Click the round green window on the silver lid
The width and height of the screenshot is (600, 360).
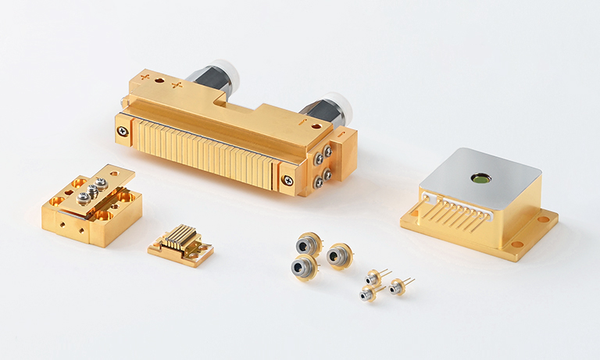[x=480, y=179]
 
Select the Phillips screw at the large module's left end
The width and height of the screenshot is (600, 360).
[x=123, y=131]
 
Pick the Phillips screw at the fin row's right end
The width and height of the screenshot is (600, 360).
[x=289, y=181]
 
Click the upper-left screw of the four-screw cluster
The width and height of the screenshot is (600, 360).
[x=317, y=153]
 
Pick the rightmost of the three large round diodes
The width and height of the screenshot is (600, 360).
[x=340, y=255]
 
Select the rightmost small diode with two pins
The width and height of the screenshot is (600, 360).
[x=396, y=287]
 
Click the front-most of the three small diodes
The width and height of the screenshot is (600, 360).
[x=367, y=294]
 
